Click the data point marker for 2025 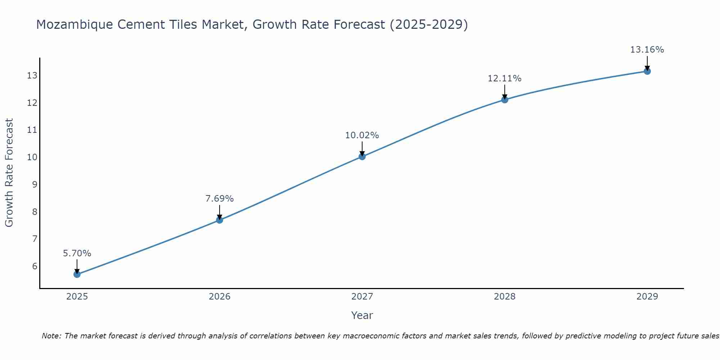click(77, 274)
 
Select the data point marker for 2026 click(220, 220)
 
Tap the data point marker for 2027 click(362, 156)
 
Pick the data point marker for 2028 click(505, 100)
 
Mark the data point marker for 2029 click(647, 71)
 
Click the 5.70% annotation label click(77, 253)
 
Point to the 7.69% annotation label click(220, 199)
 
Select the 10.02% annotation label click(362, 135)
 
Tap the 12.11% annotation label click(505, 78)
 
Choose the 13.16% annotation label click(647, 50)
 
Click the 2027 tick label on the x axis click(362, 297)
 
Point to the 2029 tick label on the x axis click(647, 297)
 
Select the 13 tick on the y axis click(32, 76)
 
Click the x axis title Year click(362, 315)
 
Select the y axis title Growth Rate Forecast click(9, 173)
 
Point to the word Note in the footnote click(51, 336)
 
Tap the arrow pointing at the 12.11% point click(505, 92)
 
